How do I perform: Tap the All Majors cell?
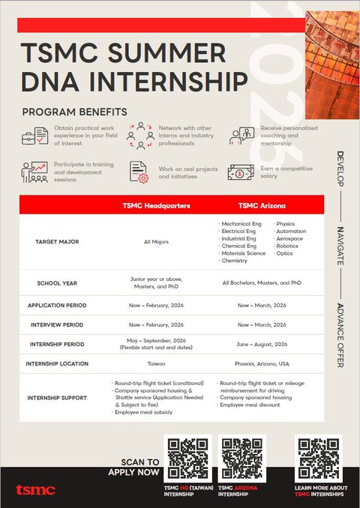coord(157,243)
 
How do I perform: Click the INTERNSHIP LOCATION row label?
coord(57,363)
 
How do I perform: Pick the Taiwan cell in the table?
coord(157,363)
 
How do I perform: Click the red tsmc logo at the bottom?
coord(35,489)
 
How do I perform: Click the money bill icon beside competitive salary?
coord(241,171)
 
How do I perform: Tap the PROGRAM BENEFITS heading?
coord(74,112)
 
